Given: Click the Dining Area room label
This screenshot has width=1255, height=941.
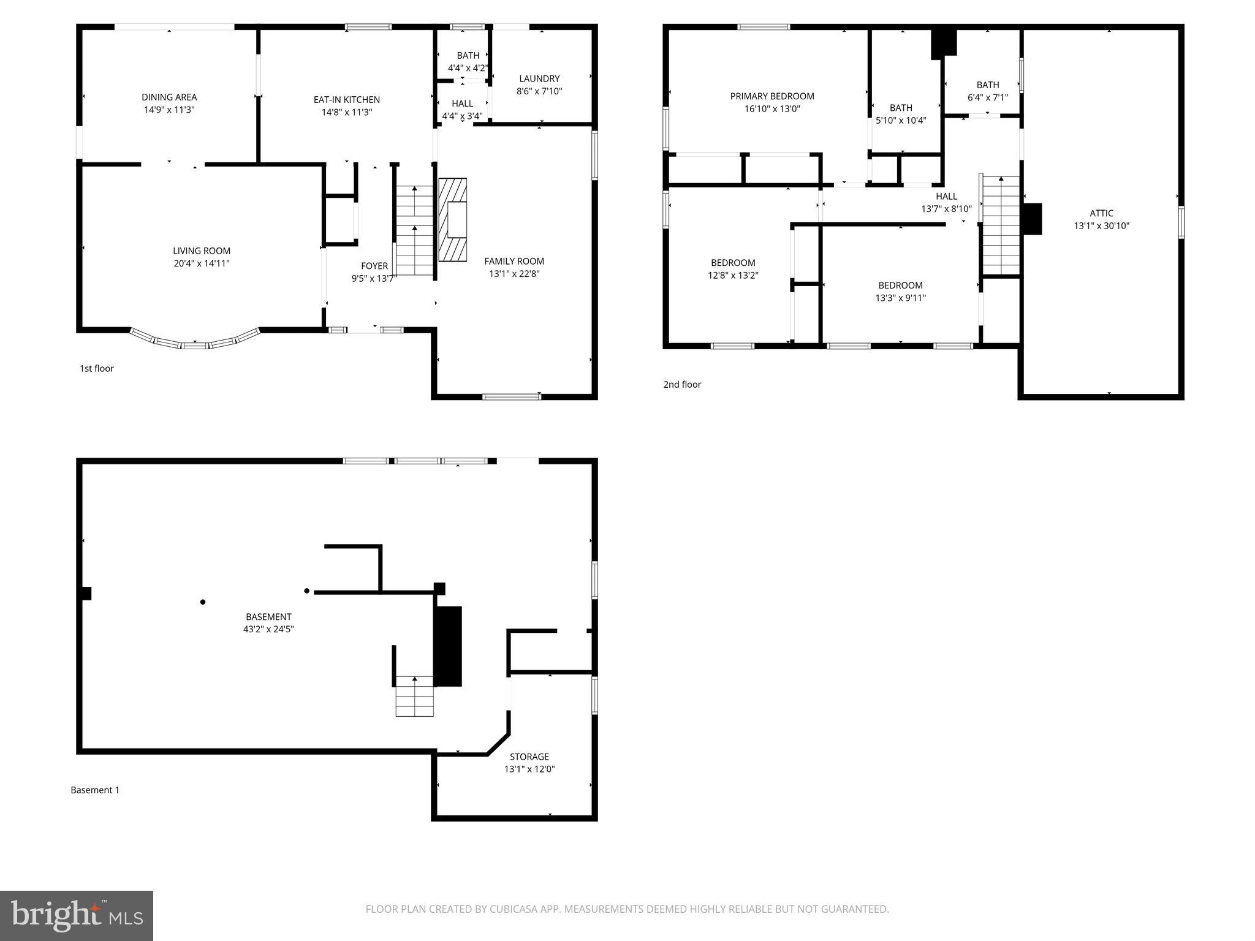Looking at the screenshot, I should [169, 97].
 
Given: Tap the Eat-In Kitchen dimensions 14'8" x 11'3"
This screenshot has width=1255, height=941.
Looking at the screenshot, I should [346, 112].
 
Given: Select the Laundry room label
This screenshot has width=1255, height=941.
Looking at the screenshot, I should [539, 78].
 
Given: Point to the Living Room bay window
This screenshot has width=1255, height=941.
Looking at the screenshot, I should [195, 341].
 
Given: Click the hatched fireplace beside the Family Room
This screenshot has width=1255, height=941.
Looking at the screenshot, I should [452, 219].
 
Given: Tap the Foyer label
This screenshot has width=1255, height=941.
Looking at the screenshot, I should [374, 266].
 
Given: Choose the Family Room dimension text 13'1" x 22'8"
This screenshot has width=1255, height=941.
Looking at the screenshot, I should [514, 274].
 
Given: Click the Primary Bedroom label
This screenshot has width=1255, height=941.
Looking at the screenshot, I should [772, 96].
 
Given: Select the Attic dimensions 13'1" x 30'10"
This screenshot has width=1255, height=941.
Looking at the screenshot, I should [1101, 225].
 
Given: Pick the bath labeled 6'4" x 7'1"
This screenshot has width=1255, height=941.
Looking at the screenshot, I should [987, 91].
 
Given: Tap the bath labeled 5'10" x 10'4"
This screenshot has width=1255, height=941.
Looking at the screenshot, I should [901, 114].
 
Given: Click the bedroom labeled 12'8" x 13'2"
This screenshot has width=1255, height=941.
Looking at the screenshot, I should [733, 269].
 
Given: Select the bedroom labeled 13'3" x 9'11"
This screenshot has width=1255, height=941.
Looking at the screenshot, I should [900, 292].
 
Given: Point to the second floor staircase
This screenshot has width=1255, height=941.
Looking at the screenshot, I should [1001, 225].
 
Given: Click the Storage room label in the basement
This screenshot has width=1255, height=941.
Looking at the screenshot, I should [529, 757].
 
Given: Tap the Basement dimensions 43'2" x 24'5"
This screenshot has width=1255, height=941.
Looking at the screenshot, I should [268, 629].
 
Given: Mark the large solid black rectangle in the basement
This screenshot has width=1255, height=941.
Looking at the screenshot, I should [447, 646].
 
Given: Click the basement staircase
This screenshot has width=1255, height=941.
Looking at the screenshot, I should [415, 696].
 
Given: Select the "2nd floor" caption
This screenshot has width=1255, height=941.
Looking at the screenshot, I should [682, 384].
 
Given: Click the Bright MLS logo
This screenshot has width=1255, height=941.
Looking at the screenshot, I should [77, 915].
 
